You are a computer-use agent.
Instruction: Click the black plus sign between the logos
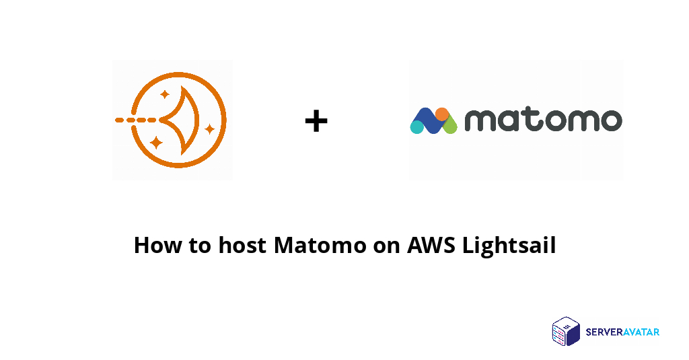(316, 122)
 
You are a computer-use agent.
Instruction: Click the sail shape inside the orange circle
(182, 120)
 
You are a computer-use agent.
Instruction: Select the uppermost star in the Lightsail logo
(165, 94)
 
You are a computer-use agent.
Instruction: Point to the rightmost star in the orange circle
(210, 128)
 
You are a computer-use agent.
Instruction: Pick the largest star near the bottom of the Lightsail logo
(157, 142)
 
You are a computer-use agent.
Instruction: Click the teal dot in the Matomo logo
(418, 126)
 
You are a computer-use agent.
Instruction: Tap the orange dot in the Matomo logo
(441, 114)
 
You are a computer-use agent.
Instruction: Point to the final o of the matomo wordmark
(608, 120)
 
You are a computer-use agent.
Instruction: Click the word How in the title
(157, 245)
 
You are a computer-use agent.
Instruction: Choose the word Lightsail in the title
(509, 246)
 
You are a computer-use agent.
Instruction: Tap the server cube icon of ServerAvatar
(566, 332)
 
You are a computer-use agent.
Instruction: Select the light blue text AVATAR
(641, 332)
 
